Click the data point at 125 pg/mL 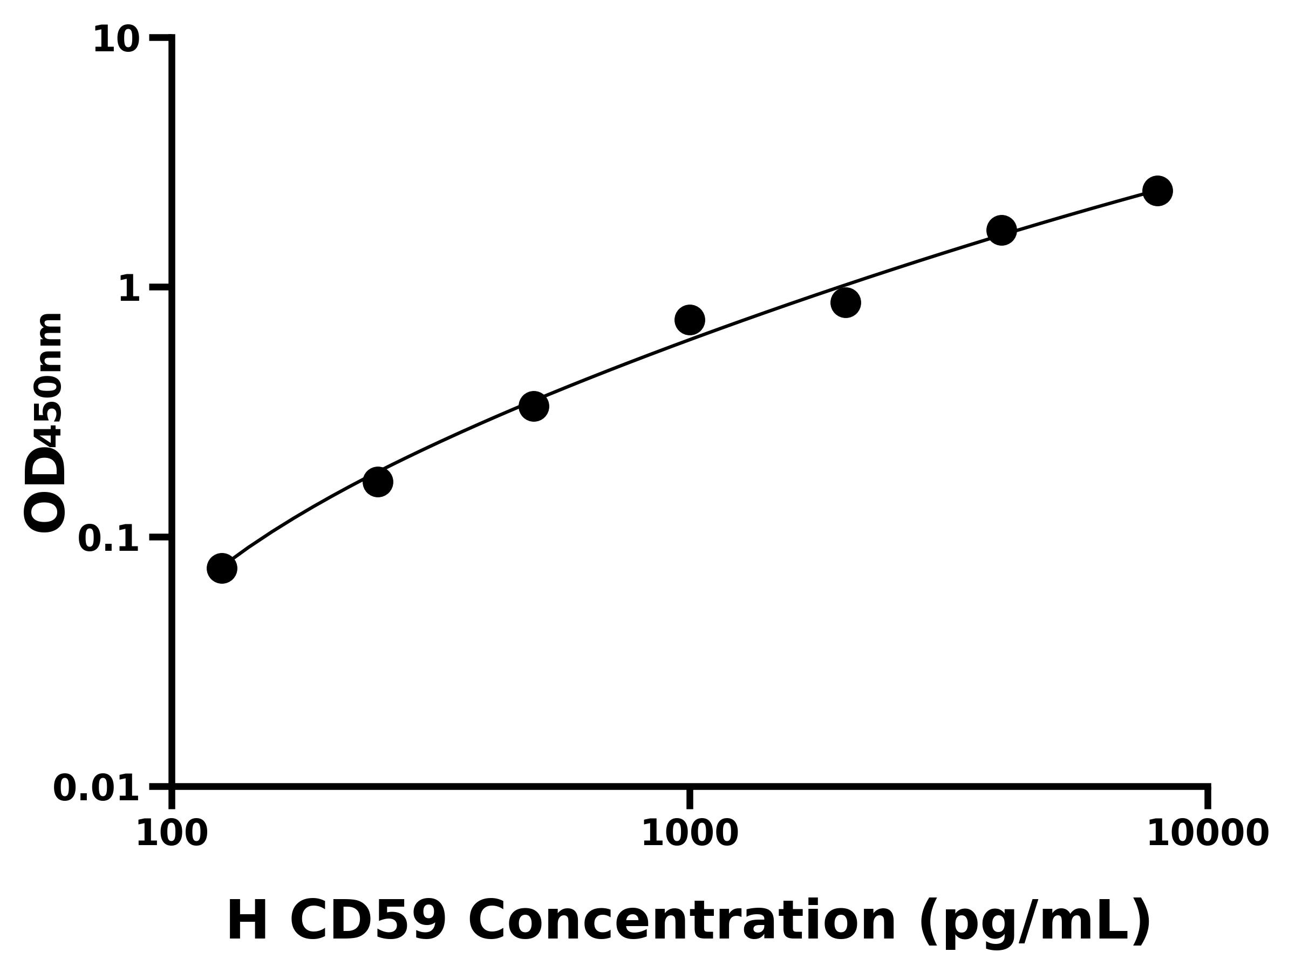[222, 568]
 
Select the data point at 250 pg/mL [378, 482]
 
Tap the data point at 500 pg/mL [533, 406]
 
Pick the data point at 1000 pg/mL [690, 320]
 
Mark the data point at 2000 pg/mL [846, 302]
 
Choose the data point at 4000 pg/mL [1001, 230]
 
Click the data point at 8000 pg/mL [1157, 191]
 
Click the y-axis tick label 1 [129, 289]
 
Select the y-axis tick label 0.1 [109, 539]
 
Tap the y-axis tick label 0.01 [97, 788]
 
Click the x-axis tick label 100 [172, 834]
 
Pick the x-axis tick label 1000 [690, 834]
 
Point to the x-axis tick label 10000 [1207, 834]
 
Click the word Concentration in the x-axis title [682, 921]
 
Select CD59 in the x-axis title [368, 921]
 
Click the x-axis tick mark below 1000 [690, 798]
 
